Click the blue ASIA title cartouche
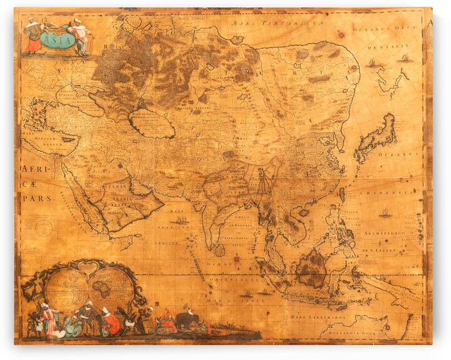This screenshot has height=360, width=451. coord(57,39)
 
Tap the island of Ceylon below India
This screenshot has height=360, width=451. coord(219,250)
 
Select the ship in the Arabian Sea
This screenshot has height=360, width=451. coord(181,219)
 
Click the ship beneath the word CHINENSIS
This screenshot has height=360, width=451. coord(385,212)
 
